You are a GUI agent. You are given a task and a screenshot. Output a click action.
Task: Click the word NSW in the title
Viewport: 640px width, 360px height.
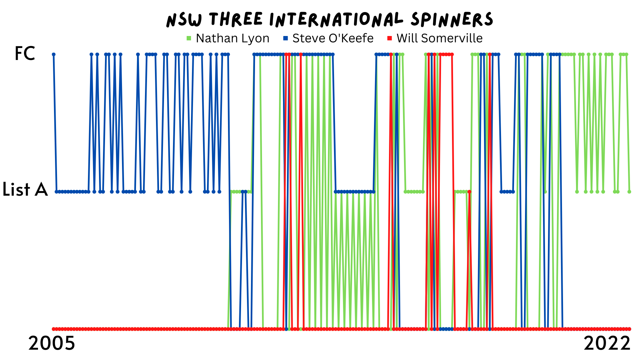click(184, 20)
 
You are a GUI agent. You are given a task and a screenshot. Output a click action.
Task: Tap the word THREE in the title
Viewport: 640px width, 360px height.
click(236, 19)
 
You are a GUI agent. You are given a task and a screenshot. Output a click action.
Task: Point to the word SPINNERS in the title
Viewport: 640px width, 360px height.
click(452, 19)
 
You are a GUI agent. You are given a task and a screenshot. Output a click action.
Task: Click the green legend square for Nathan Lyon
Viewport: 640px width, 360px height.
click(189, 38)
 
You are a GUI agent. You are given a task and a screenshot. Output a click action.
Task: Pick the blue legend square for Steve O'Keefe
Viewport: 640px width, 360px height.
click(285, 38)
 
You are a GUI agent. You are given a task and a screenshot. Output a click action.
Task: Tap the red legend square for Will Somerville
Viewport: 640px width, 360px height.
click(390, 38)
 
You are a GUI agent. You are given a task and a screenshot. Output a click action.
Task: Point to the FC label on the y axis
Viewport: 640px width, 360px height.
click(25, 53)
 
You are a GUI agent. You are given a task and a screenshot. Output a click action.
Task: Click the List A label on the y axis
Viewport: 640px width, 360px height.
click(25, 190)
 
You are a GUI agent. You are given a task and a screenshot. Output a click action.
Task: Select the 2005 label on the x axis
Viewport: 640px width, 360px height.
click(52, 343)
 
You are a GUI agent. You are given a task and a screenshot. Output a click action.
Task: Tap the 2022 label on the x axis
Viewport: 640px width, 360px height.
click(607, 343)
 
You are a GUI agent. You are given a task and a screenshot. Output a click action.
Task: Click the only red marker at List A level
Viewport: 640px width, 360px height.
click(469, 192)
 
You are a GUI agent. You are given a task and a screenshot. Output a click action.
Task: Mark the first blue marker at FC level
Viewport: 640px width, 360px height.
click(53, 54)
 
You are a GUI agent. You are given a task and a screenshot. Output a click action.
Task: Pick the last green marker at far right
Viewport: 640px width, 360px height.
click(629, 192)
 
